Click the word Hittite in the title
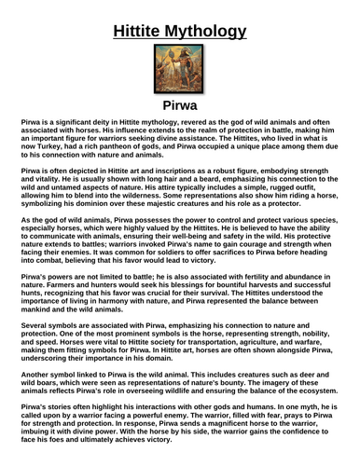point(143,33)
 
